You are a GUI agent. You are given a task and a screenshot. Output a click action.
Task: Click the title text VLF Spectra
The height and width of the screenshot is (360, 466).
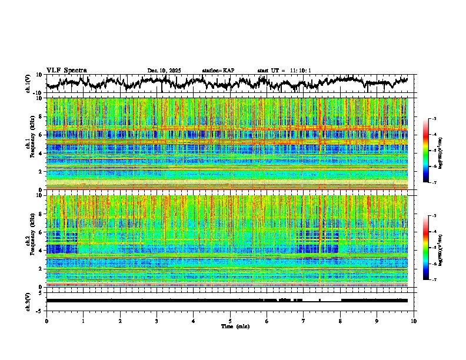tap(66, 70)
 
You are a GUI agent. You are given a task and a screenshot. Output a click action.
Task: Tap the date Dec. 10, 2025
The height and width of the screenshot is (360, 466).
tap(164, 71)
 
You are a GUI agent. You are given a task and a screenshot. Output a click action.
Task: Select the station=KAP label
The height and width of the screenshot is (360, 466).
tap(218, 71)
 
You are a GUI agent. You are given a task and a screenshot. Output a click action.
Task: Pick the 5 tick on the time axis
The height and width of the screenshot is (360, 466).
tap(230, 321)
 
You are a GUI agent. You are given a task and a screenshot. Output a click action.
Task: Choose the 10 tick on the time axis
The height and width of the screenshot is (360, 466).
tap(414, 321)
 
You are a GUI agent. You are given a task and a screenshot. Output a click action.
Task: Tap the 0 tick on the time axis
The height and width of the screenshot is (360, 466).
tap(46, 321)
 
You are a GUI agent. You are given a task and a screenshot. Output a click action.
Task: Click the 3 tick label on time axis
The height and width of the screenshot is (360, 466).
tap(157, 321)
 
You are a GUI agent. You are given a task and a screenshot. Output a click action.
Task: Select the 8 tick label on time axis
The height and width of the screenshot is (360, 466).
tap(340, 321)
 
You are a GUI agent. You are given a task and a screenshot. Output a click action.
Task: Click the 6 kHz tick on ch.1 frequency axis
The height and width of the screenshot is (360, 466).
tap(41, 135)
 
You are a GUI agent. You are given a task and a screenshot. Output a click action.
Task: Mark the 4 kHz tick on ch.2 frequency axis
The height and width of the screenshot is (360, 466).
tap(41, 250)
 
